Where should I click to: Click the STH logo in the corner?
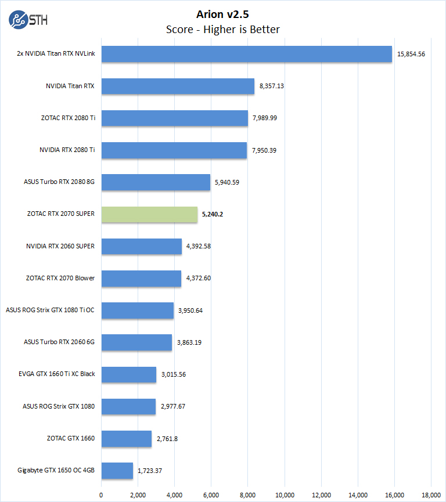tap(28, 20)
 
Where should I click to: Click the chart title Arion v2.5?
tap(223, 13)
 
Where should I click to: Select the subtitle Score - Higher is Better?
tap(223, 29)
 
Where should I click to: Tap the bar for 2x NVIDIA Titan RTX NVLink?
tap(247, 55)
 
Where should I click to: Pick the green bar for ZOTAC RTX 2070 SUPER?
tap(149, 214)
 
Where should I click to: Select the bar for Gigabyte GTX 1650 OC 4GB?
tap(117, 470)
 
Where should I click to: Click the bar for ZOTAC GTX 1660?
tap(127, 438)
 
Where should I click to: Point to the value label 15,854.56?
tap(411, 55)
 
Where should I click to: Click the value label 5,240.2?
tap(213, 214)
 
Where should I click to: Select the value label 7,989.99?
tap(265, 118)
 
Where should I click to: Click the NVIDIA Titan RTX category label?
tap(70, 86)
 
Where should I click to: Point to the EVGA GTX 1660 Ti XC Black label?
tap(57, 374)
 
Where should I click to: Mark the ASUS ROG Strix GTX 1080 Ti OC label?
tap(50, 310)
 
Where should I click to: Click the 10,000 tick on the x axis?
tap(285, 494)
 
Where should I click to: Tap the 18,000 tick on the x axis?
tap(431, 494)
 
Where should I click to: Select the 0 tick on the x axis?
tap(102, 494)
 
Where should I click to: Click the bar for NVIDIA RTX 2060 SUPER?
tap(142, 246)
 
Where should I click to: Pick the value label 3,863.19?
tap(189, 342)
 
